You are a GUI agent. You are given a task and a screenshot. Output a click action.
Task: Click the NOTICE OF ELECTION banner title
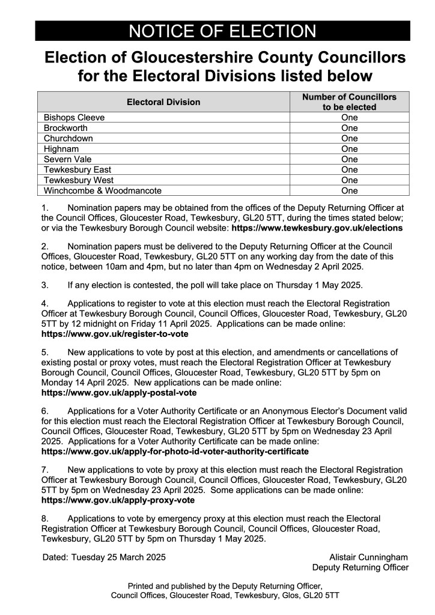click(222, 31)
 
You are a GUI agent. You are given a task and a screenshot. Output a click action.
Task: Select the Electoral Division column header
click(163, 102)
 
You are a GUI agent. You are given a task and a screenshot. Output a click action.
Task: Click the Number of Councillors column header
click(349, 102)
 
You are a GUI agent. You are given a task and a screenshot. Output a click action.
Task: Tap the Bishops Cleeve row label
click(75, 118)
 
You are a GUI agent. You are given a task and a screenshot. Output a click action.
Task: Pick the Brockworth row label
click(66, 128)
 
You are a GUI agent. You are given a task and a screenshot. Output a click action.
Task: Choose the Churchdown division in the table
click(68, 138)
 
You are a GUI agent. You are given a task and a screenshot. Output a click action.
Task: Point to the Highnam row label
click(62, 149)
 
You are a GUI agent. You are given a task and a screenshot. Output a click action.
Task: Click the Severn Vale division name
click(67, 159)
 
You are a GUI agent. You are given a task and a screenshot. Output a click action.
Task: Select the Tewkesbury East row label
click(78, 170)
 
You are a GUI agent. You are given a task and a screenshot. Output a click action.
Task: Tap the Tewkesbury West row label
click(79, 180)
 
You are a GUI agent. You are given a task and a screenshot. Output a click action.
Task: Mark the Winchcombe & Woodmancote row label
click(103, 191)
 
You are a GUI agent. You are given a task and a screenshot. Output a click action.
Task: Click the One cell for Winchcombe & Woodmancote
click(349, 191)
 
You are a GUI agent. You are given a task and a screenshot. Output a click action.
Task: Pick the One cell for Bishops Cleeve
click(349, 118)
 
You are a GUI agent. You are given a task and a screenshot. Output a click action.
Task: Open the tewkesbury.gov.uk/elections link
click(317, 229)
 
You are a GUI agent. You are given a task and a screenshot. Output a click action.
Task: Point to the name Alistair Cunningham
click(368, 557)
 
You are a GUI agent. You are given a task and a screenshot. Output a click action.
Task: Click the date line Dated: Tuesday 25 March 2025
click(104, 557)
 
